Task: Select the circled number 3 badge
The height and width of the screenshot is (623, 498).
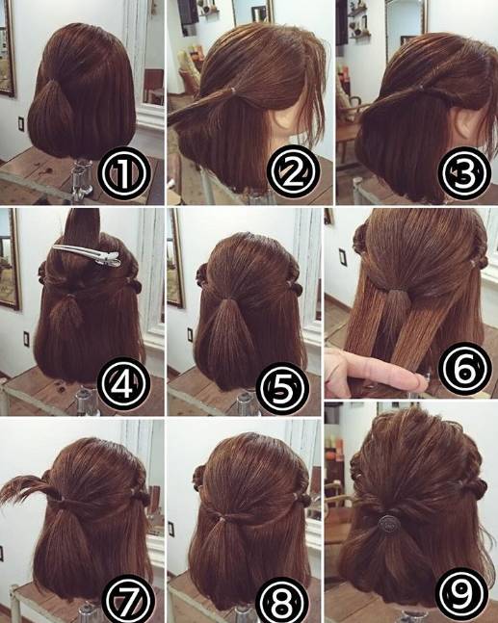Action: [464, 173]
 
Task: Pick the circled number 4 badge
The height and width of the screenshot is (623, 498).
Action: [124, 384]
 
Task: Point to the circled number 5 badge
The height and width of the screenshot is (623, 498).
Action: [282, 388]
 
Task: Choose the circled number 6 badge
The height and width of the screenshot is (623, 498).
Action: [464, 369]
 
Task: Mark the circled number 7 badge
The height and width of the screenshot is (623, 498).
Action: [128, 599]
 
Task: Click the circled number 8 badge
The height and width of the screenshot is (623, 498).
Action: [282, 599]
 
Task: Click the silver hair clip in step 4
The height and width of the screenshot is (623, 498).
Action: [87, 254]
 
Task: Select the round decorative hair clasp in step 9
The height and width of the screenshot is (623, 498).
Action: [387, 523]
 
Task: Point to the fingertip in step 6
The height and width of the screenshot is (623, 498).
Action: [417, 381]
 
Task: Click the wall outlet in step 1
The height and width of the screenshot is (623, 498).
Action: [21, 124]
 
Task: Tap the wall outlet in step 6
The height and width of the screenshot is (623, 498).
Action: [343, 257]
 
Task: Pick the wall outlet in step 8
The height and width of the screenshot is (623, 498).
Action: [170, 529]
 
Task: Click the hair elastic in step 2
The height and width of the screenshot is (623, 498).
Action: [233, 91]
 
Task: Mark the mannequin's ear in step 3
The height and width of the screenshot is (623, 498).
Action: [464, 121]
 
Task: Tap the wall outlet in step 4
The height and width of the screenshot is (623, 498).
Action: [26, 339]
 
